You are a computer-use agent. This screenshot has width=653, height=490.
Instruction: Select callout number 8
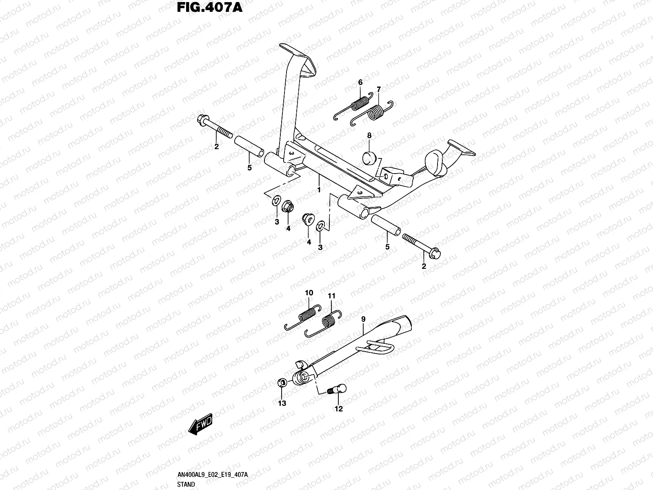click(x=369, y=135)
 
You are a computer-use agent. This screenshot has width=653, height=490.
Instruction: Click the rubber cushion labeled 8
click(x=369, y=157)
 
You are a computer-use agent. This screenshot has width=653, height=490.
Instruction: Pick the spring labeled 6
click(x=359, y=103)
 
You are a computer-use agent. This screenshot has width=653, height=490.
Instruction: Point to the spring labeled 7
click(x=376, y=112)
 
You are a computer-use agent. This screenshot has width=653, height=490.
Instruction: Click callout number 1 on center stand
click(x=319, y=190)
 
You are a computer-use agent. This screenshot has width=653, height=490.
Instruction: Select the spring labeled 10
click(x=307, y=314)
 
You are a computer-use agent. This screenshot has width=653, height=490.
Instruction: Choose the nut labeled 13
click(x=281, y=383)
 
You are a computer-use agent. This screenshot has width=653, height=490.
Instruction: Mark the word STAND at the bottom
click(x=186, y=484)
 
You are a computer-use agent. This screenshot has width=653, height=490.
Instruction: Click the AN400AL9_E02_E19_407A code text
click(x=213, y=475)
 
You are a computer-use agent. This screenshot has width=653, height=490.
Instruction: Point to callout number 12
click(x=338, y=408)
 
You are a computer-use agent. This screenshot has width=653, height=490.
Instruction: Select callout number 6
click(x=360, y=82)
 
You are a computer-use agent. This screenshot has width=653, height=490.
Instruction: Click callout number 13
click(x=282, y=403)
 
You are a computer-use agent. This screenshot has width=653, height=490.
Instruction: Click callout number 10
click(x=309, y=293)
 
